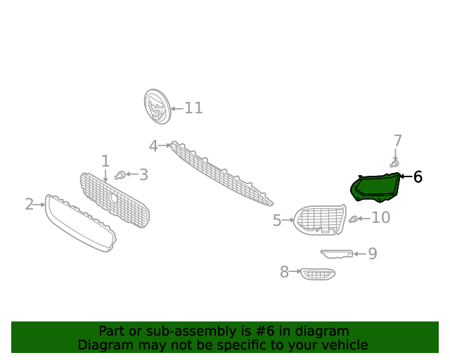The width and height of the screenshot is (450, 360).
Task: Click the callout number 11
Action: click(194, 108)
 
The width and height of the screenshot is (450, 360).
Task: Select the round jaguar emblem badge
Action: click(157, 106)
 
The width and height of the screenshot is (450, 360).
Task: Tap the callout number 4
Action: click(153, 146)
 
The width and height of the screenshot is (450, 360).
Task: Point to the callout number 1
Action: click(105, 161)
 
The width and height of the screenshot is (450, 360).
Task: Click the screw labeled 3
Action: click(120, 175)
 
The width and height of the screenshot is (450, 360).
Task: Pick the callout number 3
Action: click(143, 174)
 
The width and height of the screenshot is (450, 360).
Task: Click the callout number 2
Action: click(30, 204)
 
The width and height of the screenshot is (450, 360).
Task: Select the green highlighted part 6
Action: click(375, 187)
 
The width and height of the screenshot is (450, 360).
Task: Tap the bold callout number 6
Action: click(418, 177)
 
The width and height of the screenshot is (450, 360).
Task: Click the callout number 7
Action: click(397, 141)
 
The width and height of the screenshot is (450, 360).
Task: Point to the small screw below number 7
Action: click(394, 164)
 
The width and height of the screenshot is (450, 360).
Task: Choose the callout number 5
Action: click(277, 221)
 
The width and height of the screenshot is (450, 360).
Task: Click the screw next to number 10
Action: click(353, 219)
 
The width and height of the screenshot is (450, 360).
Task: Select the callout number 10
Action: click(381, 217)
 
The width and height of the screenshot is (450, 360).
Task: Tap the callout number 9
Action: click(373, 254)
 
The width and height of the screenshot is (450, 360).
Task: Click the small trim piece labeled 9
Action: click(337, 254)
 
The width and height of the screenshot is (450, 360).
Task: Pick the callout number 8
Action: click(284, 271)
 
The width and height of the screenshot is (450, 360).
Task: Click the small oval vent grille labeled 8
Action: click(318, 274)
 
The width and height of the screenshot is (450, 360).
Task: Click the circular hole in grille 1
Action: click(112, 198)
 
